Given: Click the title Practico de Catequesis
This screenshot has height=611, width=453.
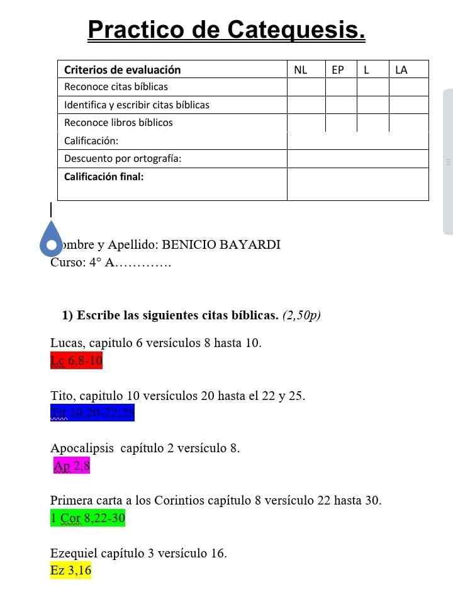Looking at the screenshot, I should pyautogui.click(x=226, y=30).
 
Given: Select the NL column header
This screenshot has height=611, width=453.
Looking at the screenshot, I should pyautogui.click(x=301, y=70).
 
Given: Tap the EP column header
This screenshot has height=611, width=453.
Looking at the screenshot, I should pyautogui.click(x=338, y=70).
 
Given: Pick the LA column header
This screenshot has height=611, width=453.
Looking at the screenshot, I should pyautogui.click(x=401, y=70).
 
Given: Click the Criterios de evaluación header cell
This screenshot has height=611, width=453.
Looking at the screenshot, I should pyautogui.click(x=122, y=70).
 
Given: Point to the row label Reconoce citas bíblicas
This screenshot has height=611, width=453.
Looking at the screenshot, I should pyautogui.click(x=116, y=87).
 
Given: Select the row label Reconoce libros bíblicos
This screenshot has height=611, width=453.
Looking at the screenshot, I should pyautogui.click(x=118, y=123).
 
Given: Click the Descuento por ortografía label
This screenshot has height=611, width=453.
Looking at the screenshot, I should pyautogui.click(x=123, y=159).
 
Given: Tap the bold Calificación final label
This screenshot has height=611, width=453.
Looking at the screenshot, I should pyautogui.click(x=104, y=176).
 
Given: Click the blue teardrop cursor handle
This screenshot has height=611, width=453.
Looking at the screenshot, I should pyautogui.click(x=51, y=238).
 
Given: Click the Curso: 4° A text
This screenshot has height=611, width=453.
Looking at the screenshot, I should pyautogui.click(x=82, y=263).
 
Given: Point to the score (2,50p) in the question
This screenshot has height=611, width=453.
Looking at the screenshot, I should pyautogui.click(x=301, y=316).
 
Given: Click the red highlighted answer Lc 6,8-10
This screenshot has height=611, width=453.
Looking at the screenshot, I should pyautogui.click(x=76, y=361).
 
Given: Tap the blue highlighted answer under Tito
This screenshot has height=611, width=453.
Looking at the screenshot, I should pyautogui.click(x=92, y=413).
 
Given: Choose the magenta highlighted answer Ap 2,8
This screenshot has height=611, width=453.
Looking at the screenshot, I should pyautogui.click(x=72, y=466).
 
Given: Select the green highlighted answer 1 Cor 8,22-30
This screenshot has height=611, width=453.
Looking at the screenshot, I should pyautogui.click(x=87, y=518).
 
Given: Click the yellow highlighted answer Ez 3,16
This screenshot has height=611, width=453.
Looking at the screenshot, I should pyautogui.click(x=70, y=571).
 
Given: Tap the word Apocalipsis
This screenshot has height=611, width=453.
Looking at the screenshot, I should pyautogui.click(x=82, y=448).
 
